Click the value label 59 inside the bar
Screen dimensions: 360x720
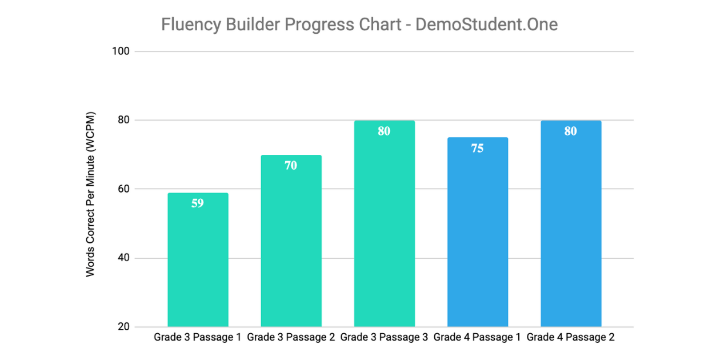pos(198,203)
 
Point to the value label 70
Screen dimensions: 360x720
pos(291,166)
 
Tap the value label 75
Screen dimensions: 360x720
pos(477,149)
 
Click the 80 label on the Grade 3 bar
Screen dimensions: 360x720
pos(384,131)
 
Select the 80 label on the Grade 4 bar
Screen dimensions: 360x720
pos(570,131)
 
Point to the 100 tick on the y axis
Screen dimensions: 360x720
pos(121,51)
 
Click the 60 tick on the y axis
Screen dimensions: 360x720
pos(123,189)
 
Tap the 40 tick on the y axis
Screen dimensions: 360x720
pos(123,258)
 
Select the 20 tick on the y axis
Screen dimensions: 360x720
pos(123,327)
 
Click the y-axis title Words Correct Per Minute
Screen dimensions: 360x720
pos(91,194)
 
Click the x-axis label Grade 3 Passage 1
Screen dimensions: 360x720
pos(198,337)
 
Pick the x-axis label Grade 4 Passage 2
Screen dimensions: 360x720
pos(570,337)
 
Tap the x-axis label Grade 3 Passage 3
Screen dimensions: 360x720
pos(384,337)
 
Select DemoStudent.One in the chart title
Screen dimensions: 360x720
pos(486,25)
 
